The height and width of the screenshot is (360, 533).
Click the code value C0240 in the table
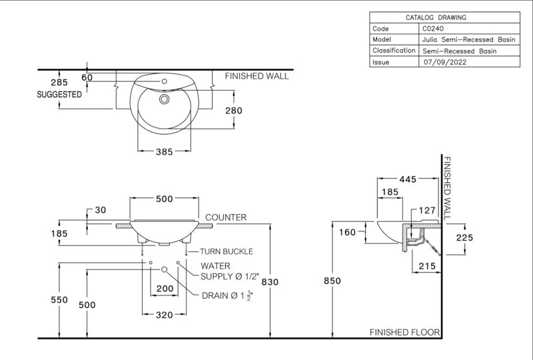click(432, 29)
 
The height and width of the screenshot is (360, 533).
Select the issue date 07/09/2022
click(445, 62)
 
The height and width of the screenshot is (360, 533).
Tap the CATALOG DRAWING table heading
click(436, 17)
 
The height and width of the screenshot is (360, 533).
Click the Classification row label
click(394, 51)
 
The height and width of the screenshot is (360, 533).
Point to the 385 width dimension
click(165, 152)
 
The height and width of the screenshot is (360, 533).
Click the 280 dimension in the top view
click(234, 110)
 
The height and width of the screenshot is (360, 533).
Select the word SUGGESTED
click(59, 94)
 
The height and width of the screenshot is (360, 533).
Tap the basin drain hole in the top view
click(164, 99)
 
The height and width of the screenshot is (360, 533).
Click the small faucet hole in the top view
click(164, 81)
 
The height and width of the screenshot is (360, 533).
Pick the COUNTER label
click(226, 217)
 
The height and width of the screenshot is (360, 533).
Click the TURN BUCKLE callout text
click(227, 251)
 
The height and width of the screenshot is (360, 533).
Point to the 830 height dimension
click(270, 282)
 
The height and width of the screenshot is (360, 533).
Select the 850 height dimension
click(332, 281)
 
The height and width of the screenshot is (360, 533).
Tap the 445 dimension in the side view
click(408, 179)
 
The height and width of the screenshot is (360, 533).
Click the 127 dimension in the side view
click(427, 210)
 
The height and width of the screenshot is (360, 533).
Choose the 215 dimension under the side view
click(427, 266)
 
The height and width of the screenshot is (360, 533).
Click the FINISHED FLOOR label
click(404, 332)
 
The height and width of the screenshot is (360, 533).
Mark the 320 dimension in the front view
click(165, 315)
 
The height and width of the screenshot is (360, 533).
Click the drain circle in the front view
click(164, 269)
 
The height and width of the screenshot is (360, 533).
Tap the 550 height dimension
click(59, 300)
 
